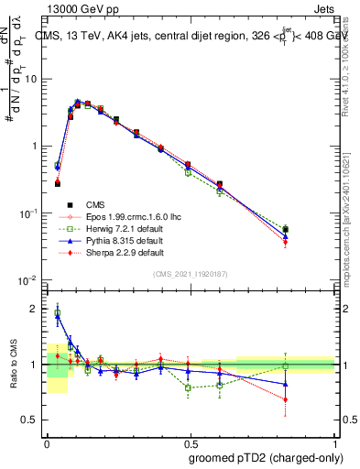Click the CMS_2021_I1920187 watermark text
(x=191, y=274)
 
